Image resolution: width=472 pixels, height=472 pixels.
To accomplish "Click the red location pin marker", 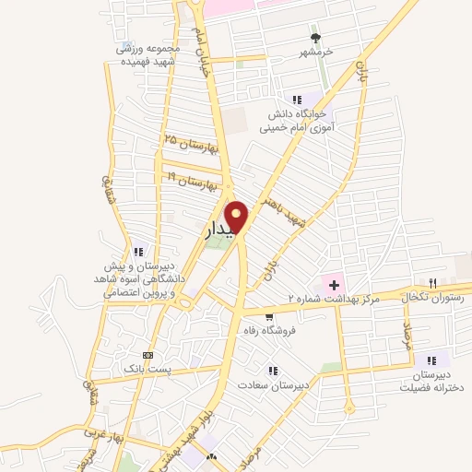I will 237,218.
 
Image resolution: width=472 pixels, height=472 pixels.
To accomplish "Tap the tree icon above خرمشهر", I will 316,38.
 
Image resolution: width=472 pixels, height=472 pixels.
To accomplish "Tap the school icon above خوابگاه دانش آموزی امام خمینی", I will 297,99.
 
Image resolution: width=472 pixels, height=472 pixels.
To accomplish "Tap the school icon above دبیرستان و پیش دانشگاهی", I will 138,251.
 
